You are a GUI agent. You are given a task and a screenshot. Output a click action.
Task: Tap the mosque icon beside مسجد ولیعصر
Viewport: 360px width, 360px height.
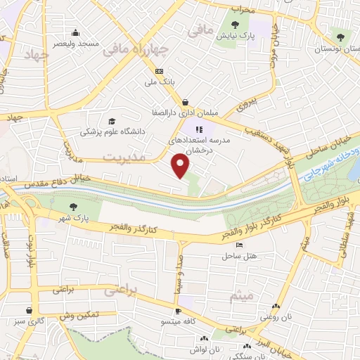(x=75, y=32)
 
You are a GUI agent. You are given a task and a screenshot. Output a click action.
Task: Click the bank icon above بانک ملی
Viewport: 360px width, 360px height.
(x=159, y=71)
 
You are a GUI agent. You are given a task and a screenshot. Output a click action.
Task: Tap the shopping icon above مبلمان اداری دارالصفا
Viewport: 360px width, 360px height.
(x=185, y=102)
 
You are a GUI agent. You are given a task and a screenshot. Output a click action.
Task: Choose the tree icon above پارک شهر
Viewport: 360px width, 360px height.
(x=74, y=206)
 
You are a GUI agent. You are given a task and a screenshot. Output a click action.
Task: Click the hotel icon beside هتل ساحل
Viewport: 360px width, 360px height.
(x=239, y=245)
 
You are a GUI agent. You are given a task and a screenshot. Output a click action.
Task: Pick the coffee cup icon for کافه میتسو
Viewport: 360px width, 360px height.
(x=179, y=310)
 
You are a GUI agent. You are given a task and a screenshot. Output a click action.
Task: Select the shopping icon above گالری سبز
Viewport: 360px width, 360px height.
(x=29, y=310)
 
